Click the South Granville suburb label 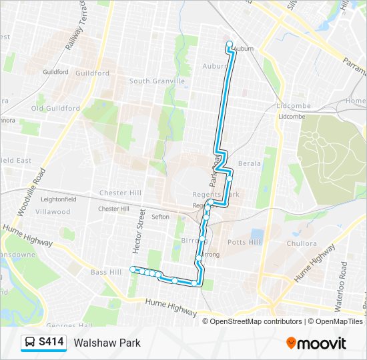pos(157,81)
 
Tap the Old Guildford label pos(56,109)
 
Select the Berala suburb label pos(249,163)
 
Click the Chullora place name pos(302,244)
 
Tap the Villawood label pos(53,212)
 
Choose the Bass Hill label pos(106,272)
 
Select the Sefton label pos(160,217)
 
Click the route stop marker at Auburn pos(230,45)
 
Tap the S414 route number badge pos(51,343)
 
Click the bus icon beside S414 pos(30,343)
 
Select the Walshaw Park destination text pos(107,343)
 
